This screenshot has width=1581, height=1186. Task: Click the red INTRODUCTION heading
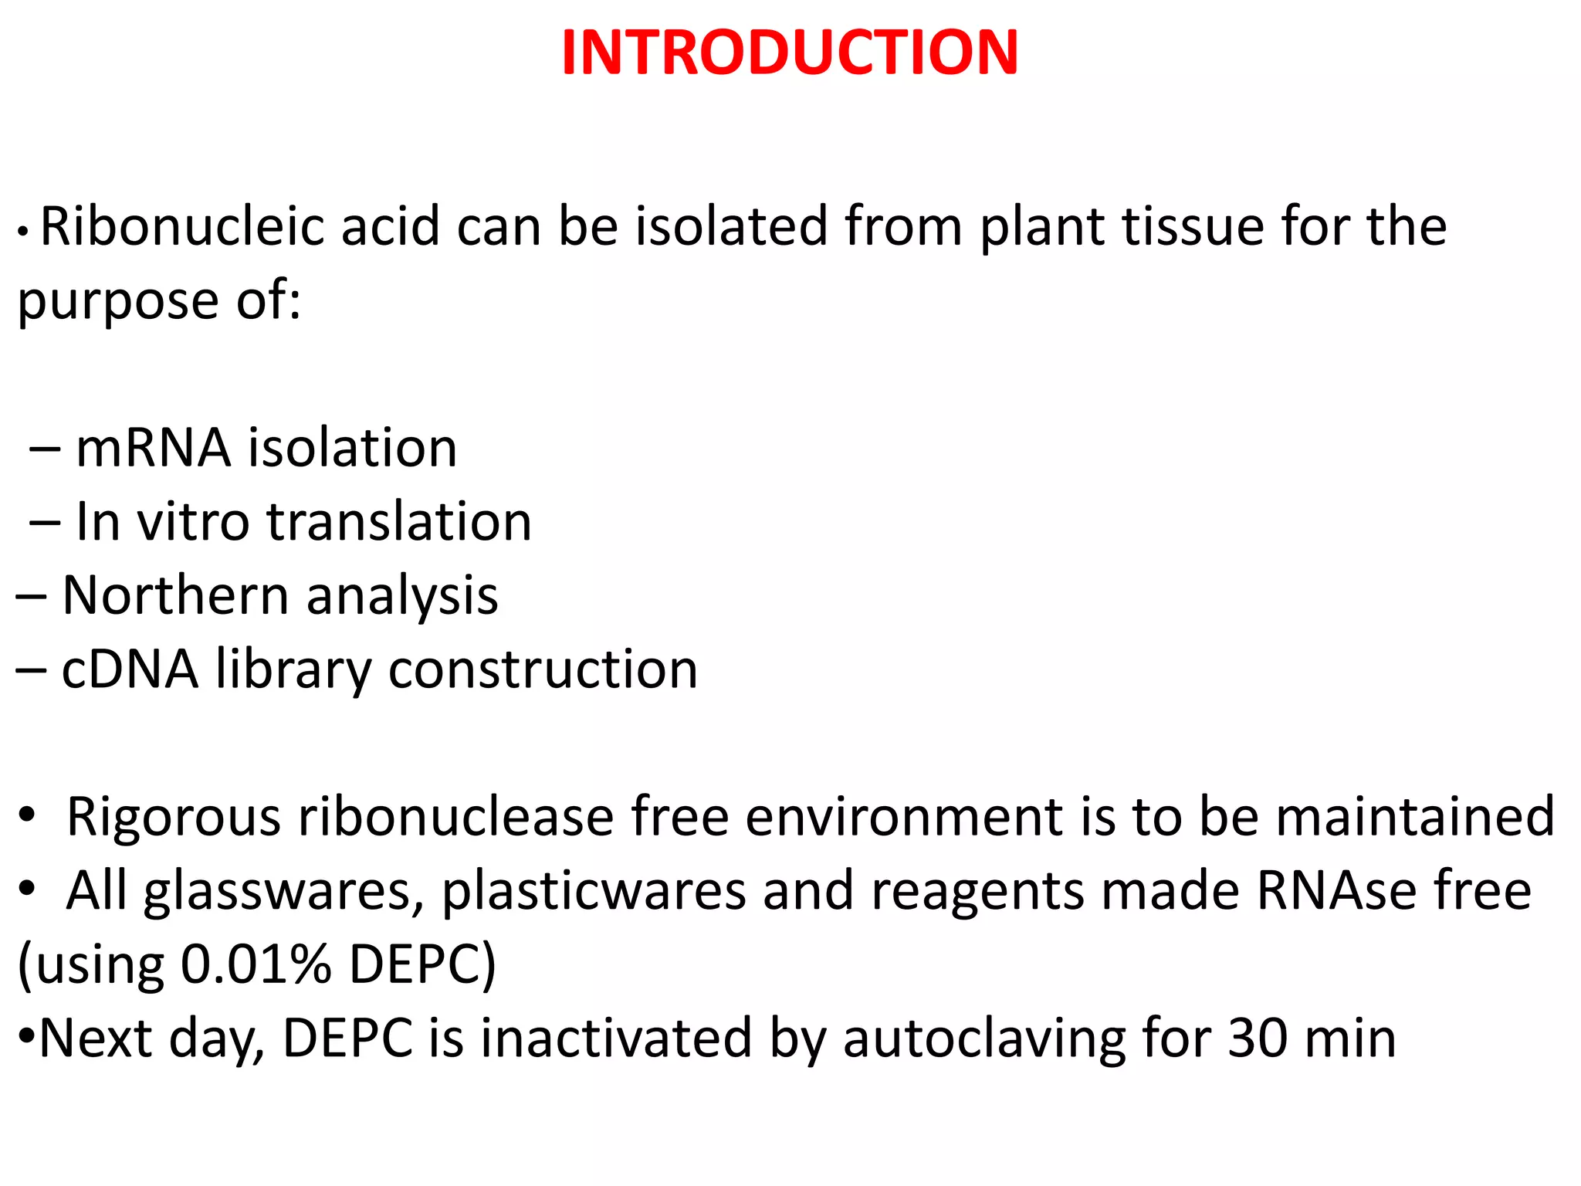(x=790, y=53)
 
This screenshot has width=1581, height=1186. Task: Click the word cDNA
(x=130, y=669)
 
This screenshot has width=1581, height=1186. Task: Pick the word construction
(x=543, y=669)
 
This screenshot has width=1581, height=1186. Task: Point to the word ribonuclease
(x=455, y=817)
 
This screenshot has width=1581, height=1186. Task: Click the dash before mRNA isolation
(x=45, y=449)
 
